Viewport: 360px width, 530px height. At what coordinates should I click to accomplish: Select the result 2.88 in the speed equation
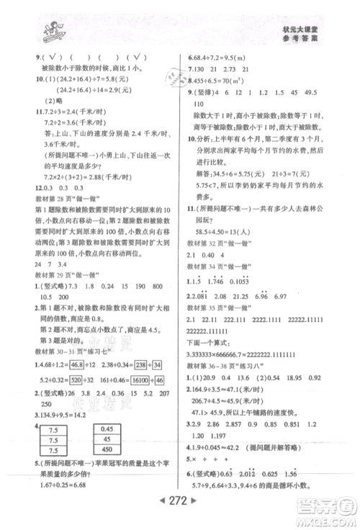click(82, 194)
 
